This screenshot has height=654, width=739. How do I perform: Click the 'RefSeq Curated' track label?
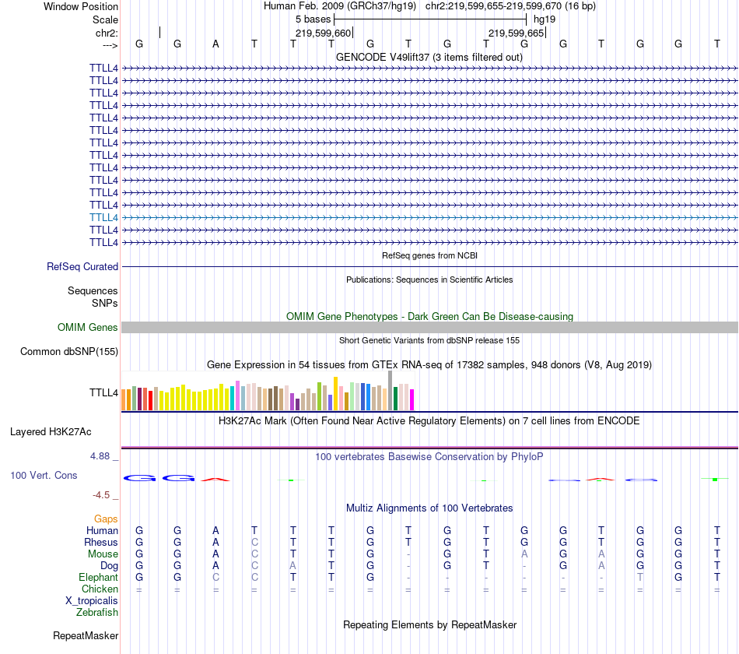pyautogui.click(x=82, y=266)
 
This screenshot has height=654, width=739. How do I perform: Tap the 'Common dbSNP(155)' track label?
pyautogui.click(x=69, y=352)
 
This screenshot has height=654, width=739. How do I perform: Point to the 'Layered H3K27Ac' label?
pyautogui.click(x=51, y=431)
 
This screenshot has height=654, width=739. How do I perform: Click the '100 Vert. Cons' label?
pyautogui.click(x=44, y=475)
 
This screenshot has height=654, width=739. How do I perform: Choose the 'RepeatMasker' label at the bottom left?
pyautogui.click(x=86, y=636)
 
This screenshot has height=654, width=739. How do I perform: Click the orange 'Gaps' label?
pyautogui.click(x=106, y=519)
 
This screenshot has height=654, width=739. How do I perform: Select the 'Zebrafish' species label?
pyautogui.click(x=97, y=613)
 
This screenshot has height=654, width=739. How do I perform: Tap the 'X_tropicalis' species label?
pyautogui.click(x=92, y=601)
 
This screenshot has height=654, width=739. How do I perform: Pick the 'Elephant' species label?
pyautogui.click(x=98, y=578)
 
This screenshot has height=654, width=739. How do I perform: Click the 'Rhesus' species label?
pyautogui.click(x=101, y=542)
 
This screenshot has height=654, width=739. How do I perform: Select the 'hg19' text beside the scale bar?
pyautogui.click(x=545, y=19)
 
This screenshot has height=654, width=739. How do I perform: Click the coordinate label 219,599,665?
pyautogui.click(x=516, y=33)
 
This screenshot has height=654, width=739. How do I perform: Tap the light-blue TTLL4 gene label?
pyautogui.click(x=103, y=217)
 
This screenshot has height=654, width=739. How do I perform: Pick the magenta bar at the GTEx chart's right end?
pyautogui.click(x=412, y=399)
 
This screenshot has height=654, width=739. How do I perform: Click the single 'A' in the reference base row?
pyautogui.click(x=215, y=44)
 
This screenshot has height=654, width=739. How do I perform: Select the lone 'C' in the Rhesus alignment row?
pyautogui.click(x=254, y=542)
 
